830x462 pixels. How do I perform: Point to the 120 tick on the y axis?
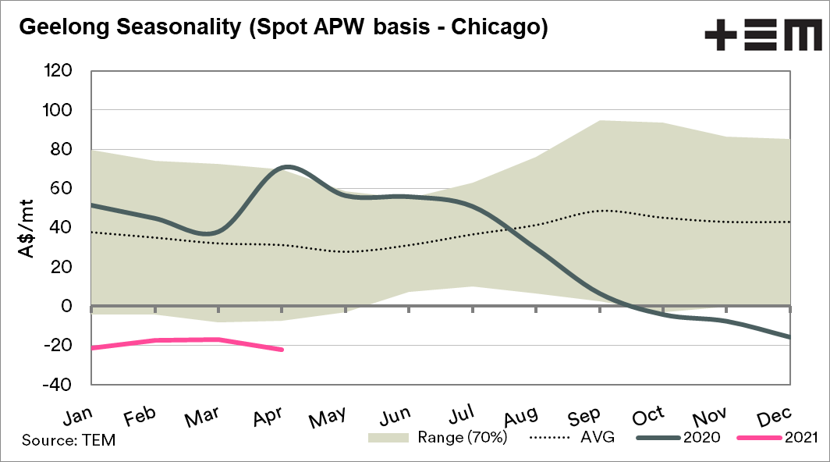(x=59, y=71)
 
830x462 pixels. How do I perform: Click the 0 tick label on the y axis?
(x=68, y=306)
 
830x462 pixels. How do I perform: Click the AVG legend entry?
(x=573, y=438)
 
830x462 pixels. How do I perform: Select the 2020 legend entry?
(x=677, y=438)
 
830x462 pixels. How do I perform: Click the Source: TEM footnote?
(x=69, y=440)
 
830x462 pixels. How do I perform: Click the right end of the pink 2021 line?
(x=282, y=350)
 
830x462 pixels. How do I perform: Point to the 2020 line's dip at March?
(x=216, y=233)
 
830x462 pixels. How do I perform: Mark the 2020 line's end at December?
(x=789, y=337)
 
